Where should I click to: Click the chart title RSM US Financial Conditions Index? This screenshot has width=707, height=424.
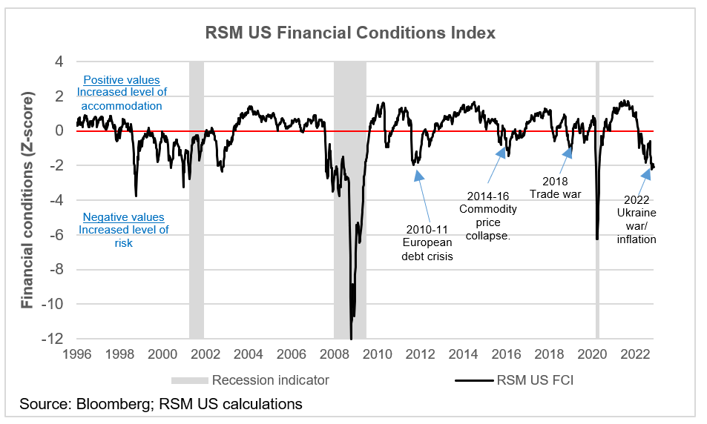350,33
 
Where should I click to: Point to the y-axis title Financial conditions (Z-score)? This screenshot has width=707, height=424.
27,200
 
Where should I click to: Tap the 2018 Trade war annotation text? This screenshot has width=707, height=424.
555,188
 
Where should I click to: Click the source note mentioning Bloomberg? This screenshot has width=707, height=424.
161,404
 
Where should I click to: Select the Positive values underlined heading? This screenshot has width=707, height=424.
122,80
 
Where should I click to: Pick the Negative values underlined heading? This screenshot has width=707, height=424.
123,217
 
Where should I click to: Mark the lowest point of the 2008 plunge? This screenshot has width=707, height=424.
351,338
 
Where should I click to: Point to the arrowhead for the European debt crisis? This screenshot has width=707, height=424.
418,175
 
